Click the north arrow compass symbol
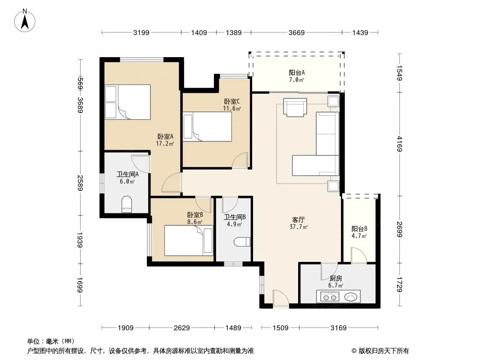pyautogui.click(x=25, y=21)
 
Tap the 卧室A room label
pyautogui.click(x=165, y=136)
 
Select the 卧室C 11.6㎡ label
pyautogui.click(x=232, y=105)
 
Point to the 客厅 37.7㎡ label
pyautogui.click(x=299, y=223)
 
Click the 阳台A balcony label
pyautogui.click(x=297, y=73)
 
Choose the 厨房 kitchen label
pyautogui.click(x=336, y=279)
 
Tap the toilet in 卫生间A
pyautogui.click(x=127, y=204)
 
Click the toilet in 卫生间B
pyautogui.click(x=242, y=242)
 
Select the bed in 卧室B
pyautogui.click(x=189, y=240)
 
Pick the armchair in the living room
pyautogui.click(x=295, y=108)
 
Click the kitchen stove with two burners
pyautogui.click(x=330, y=297)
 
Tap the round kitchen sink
pyautogui.click(x=351, y=297)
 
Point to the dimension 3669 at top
pyautogui.click(x=296, y=32)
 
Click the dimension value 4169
pyautogui.click(x=399, y=144)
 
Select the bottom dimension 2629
pyautogui.click(x=182, y=328)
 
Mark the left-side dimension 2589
pyautogui.click(x=80, y=183)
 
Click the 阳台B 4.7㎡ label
pyautogui.click(x=359, y=232)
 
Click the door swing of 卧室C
pyautogui.click(x=240, y=160)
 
